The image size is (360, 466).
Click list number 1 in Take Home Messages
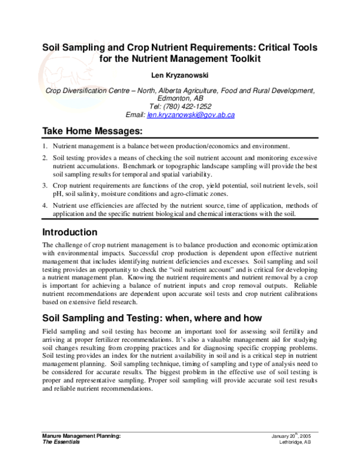45,146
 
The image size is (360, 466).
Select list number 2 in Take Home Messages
45,157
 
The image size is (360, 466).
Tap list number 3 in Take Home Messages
45,185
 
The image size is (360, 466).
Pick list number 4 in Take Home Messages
45,205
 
